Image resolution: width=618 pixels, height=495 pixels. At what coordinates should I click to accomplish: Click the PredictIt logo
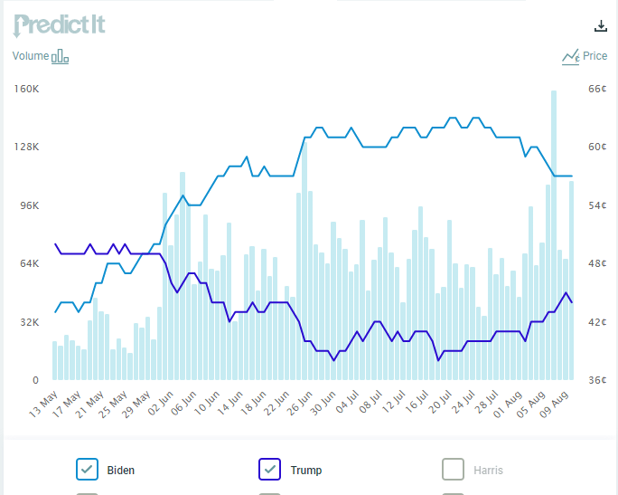(60, 24)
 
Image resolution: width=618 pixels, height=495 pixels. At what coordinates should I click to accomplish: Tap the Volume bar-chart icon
(60, 57)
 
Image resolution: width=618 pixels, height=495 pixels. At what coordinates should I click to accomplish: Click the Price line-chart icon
(570, 57)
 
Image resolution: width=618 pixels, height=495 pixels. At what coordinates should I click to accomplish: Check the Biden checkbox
(87, 469)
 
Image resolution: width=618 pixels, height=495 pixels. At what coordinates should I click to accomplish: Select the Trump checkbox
(270, 469)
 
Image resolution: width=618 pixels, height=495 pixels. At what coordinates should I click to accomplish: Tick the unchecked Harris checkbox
(453, 469)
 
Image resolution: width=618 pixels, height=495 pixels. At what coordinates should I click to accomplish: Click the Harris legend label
(488, 470)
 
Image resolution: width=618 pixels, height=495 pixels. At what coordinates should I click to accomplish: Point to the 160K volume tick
(27, 89)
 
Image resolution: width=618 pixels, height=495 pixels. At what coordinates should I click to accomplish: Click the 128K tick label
(27, 148)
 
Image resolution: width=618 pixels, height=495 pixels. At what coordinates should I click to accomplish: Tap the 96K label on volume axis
(29, 205)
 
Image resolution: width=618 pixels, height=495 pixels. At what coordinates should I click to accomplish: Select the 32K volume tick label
(29, 322)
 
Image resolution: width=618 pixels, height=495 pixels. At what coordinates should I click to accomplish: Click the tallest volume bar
(553, 235)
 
